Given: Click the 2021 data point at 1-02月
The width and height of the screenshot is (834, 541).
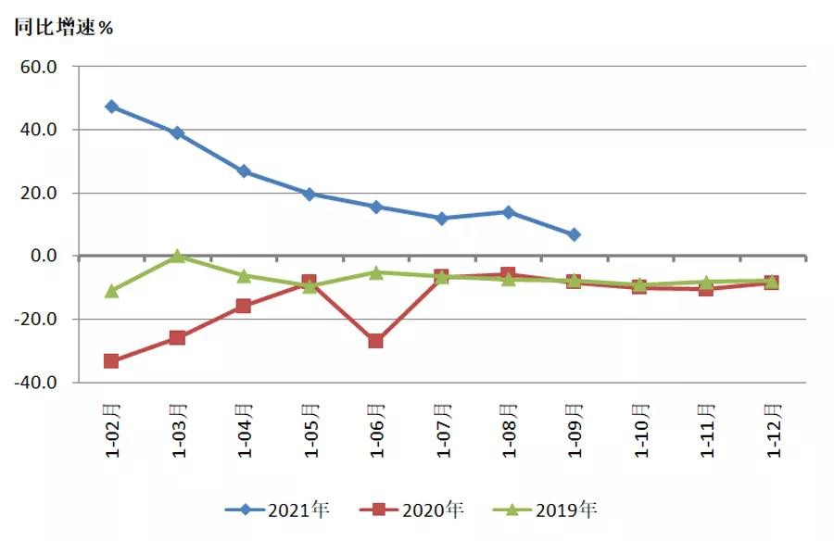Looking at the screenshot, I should tap(112, 107).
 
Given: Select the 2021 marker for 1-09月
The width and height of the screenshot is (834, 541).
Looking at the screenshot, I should tap(574, 235).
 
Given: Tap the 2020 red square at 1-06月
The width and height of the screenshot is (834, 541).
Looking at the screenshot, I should tap(376, 341).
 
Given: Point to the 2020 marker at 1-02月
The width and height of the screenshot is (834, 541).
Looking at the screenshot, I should tap(112, 360).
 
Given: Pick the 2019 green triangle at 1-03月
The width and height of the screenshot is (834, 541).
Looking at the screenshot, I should tap(178, 256).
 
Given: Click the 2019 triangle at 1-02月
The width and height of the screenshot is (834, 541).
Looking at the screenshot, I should tap(112, 290).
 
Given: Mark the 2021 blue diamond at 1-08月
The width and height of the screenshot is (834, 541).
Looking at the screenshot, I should tap(508, 212).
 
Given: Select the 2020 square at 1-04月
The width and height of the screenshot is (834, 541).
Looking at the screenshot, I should tap(244, 306).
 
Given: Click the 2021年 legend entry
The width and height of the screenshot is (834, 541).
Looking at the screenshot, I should tap(278, 510).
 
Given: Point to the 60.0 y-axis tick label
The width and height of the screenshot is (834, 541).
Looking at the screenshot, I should tap(40, 67).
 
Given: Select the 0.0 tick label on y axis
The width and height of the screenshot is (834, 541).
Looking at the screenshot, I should tap(45, 256).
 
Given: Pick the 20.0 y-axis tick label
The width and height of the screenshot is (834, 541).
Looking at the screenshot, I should tap(40, 193).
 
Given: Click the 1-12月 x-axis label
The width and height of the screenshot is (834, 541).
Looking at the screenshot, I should tap(771, 430).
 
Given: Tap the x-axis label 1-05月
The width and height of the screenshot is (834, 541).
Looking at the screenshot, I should tap(310, 430).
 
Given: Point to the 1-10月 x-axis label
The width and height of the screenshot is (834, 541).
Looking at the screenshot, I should tap(639, 430).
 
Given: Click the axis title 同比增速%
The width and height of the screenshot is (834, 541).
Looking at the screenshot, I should tap(63, 27).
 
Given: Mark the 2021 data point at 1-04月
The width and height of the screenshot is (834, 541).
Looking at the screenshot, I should tap(244, 171).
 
